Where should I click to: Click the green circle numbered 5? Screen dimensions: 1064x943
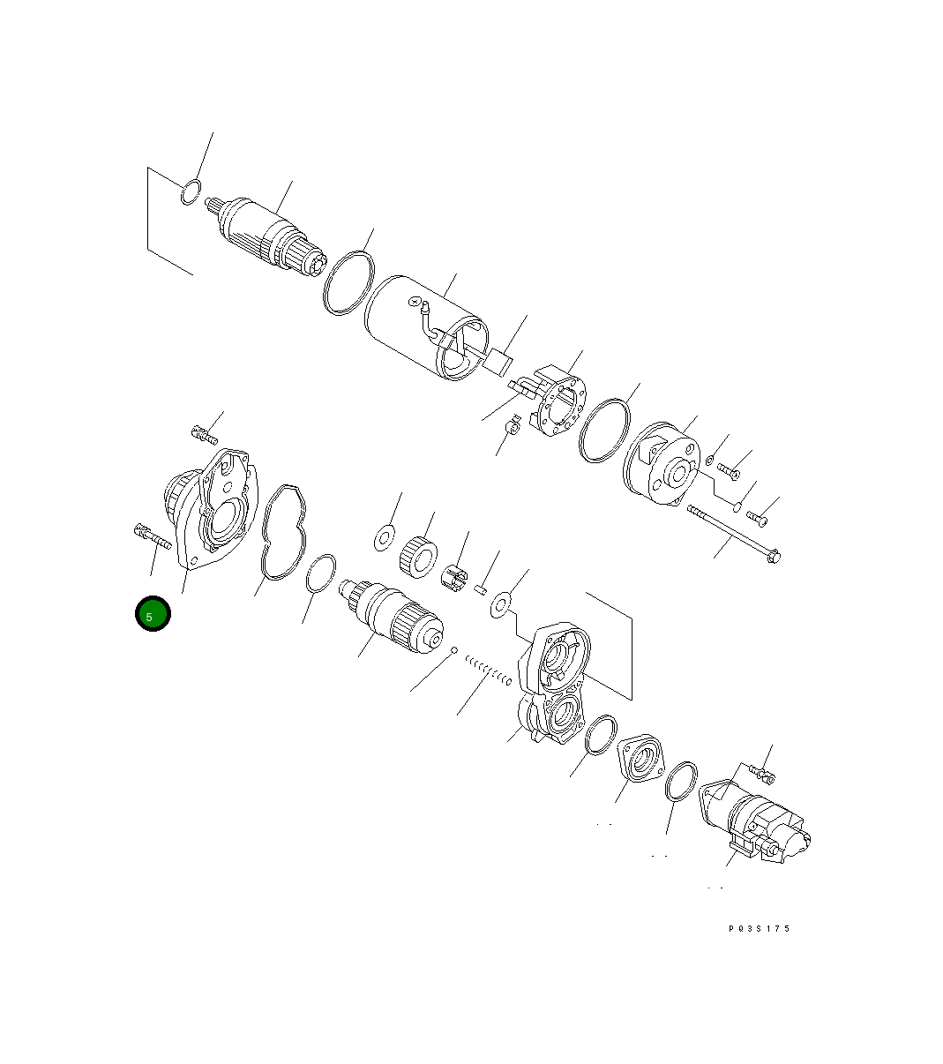(152, 615)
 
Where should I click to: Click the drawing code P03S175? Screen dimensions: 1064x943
(760, 928)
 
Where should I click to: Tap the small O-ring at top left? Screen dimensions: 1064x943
(190, 191)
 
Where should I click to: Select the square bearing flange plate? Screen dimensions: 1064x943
(642, 757)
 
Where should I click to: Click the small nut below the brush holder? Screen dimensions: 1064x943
(510, 430)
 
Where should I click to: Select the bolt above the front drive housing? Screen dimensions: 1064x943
(204, 433)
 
